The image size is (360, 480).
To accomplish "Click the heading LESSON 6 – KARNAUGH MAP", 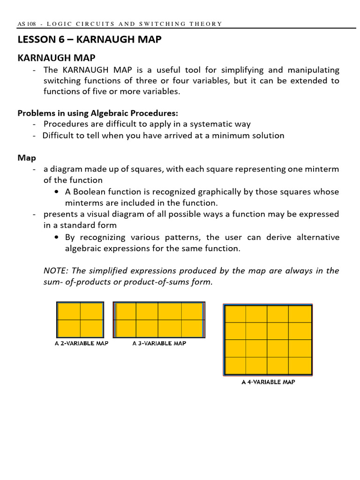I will click(x=89, y=40).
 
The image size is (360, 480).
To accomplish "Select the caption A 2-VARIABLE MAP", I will click(x=82, y=344).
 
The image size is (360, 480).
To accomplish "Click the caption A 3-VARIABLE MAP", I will click(x=159, y=344).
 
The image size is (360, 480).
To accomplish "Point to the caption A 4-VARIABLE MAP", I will click(x=268, y=382).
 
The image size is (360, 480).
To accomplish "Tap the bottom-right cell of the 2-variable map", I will click(x=92, y=328).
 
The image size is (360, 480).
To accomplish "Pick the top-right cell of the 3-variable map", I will click(x=192, y=311).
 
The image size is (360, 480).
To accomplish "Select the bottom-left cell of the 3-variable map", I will click(x=126, y=328).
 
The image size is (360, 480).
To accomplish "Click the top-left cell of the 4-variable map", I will click(x=235, y=314).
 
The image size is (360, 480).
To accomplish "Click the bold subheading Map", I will click(x=27, y=158).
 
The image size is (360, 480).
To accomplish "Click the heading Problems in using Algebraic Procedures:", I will click(x=97, y=113).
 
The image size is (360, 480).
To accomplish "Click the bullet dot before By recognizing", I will click(x=57, y=237).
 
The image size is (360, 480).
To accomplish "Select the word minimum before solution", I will click(x=230, y=135).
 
